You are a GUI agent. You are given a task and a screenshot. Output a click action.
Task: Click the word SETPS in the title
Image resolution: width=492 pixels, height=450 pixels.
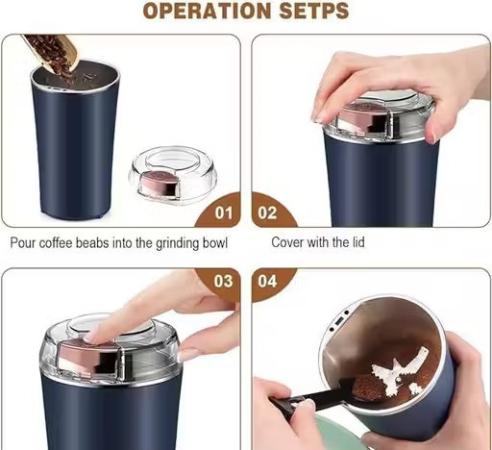(x=314, y=11)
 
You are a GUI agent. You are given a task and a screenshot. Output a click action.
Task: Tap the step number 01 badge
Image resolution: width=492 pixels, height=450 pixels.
(x=224, y=212)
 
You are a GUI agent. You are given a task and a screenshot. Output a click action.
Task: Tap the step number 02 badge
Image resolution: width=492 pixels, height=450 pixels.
(x=268, y=212)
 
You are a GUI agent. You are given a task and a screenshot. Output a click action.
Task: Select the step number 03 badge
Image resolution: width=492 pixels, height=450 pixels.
(x=223, y=281)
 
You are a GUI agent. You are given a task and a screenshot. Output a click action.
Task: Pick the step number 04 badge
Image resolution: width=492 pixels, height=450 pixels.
(x=267, y=281)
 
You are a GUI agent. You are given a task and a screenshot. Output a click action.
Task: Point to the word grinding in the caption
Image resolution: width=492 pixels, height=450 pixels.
(x=177, y=243)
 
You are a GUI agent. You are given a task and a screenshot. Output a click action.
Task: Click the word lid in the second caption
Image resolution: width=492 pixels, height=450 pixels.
(x=358, y=242)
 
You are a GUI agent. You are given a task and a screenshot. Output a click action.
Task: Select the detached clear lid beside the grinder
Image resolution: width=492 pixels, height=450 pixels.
(x=173, y=174)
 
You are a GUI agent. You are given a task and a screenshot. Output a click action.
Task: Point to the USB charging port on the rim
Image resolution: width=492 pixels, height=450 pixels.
(x=340, y=321)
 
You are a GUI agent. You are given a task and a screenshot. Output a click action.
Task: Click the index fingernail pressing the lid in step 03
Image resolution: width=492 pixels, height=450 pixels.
(x=91, y=336)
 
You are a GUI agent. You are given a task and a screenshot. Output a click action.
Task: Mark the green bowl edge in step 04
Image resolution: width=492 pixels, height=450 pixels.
(x=339, y=433)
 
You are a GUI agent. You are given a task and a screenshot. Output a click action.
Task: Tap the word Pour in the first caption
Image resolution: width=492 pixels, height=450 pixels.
(x=22, y=243)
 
